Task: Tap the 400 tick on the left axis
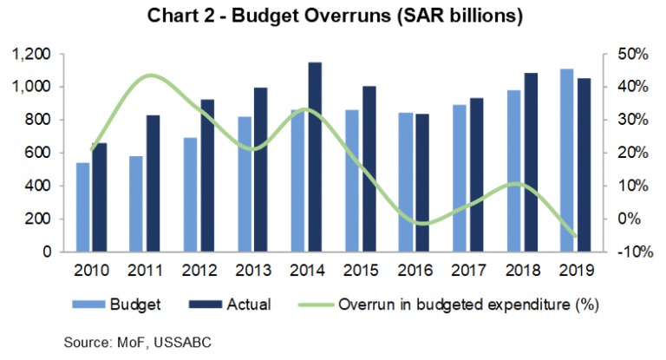coord(39,186)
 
